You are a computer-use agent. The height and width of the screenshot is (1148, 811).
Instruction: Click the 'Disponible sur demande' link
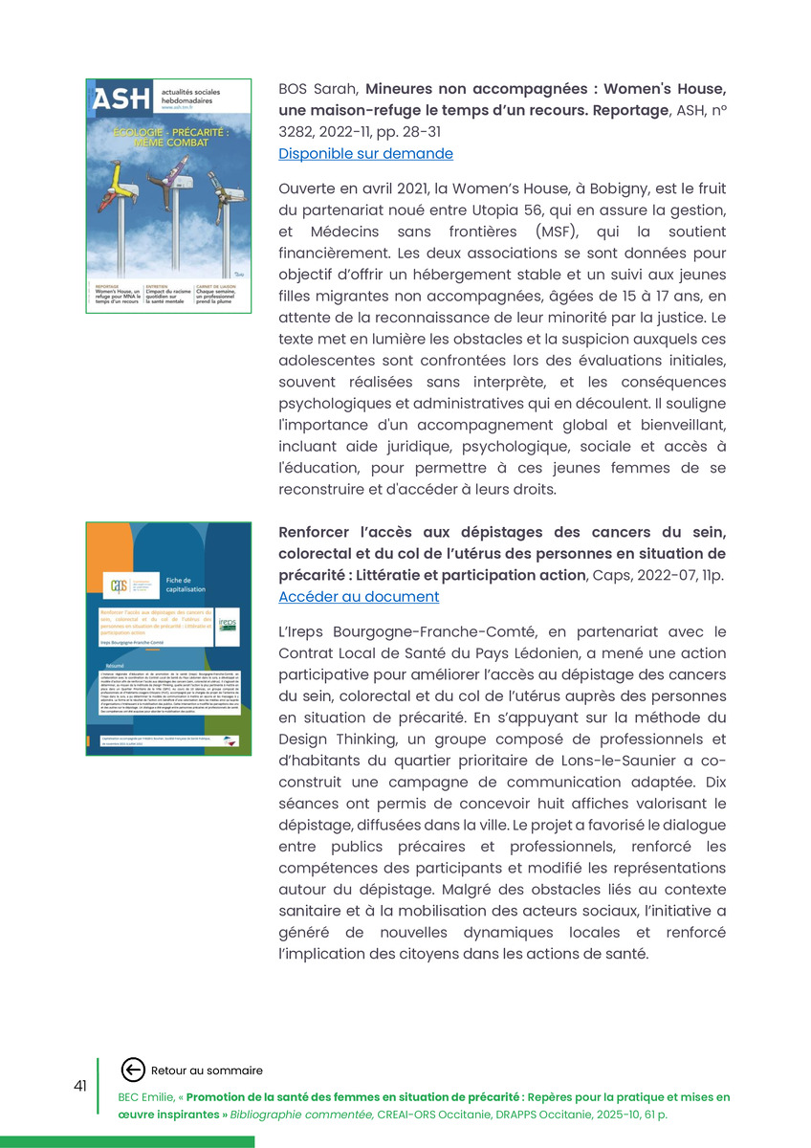365,153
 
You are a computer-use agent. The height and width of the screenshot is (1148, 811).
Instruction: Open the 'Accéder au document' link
359,597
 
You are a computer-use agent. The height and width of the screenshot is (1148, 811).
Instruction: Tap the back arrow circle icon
133,1071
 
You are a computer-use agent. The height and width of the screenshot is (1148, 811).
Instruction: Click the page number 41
80,1086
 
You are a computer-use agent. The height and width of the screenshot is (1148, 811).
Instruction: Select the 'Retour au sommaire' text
207,1071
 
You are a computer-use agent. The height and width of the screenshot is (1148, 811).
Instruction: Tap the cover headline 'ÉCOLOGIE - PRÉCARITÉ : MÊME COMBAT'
168,136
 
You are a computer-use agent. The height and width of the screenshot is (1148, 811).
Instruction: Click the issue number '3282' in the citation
297,133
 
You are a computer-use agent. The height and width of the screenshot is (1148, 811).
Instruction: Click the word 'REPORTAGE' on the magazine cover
108,285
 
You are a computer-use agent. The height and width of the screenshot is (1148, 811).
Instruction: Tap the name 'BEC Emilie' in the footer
146,1097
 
